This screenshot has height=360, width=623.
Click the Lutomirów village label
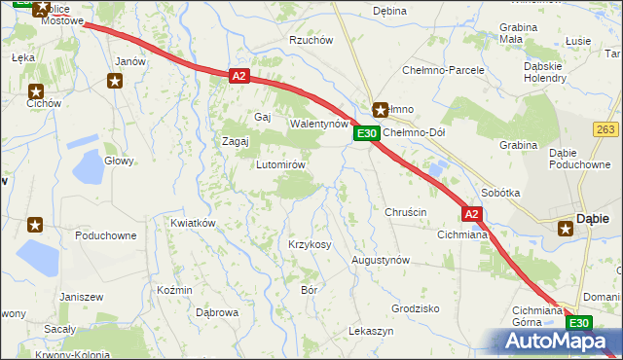281,164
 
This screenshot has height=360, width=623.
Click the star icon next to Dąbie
566,230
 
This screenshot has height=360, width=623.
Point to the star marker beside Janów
116,81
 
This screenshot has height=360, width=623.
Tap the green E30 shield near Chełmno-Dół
365,133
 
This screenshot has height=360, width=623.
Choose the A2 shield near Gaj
240,75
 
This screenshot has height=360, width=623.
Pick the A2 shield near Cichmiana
471,213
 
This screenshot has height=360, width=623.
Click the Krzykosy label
310,244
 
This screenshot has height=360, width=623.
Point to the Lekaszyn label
371,332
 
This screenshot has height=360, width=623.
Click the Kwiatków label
192,223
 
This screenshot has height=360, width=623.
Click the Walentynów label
319,125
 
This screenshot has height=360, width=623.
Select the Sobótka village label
500,193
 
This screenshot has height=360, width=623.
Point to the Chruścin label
406,212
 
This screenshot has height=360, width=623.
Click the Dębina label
389,11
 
